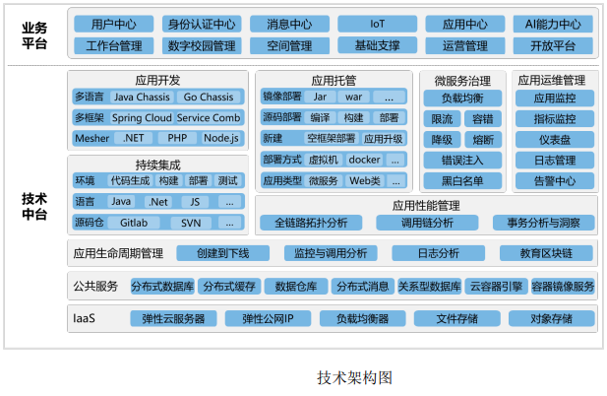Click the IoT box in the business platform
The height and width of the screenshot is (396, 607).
[377, 24]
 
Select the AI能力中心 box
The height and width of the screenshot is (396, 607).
[553, 24]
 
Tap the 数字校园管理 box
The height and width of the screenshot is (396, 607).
[202, 45]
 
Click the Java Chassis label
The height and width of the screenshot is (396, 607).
[142, 97]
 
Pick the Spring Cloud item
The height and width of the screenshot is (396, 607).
[142, 118]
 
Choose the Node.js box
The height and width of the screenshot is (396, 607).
[221, 138]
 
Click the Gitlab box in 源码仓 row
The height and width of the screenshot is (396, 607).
[134, 223]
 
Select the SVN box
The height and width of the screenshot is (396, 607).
[191, 223]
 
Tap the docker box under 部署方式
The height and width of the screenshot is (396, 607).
[364, 160]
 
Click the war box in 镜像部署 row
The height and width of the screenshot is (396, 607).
[353, 97]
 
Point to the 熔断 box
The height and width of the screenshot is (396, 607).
[483, 140]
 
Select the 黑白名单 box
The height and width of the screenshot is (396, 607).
[462, 180]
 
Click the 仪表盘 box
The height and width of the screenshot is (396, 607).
[554, 140]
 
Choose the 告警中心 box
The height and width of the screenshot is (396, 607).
[554, 180]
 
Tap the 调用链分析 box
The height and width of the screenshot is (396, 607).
[427, 223]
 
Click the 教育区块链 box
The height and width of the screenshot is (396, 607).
[546, 253]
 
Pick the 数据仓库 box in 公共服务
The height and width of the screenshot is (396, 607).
[296, 287]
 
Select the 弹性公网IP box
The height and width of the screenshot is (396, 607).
[268, 318]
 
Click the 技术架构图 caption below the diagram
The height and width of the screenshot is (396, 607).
[354, 377]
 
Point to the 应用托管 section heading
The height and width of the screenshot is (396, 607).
[334, 80]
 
